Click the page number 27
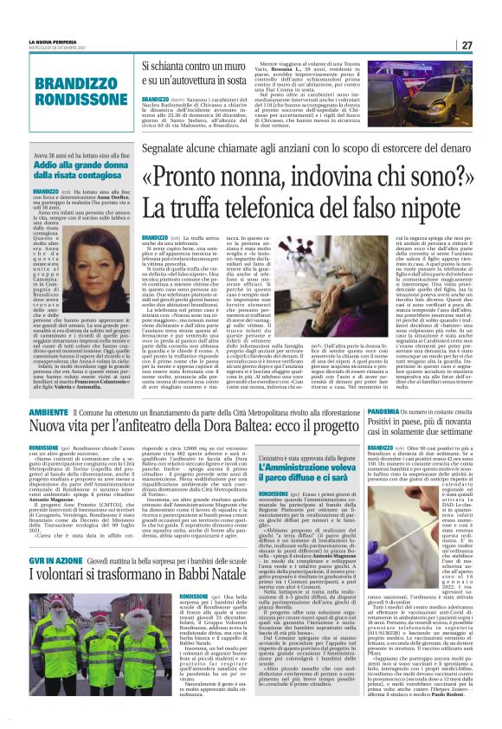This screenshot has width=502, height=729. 490,45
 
